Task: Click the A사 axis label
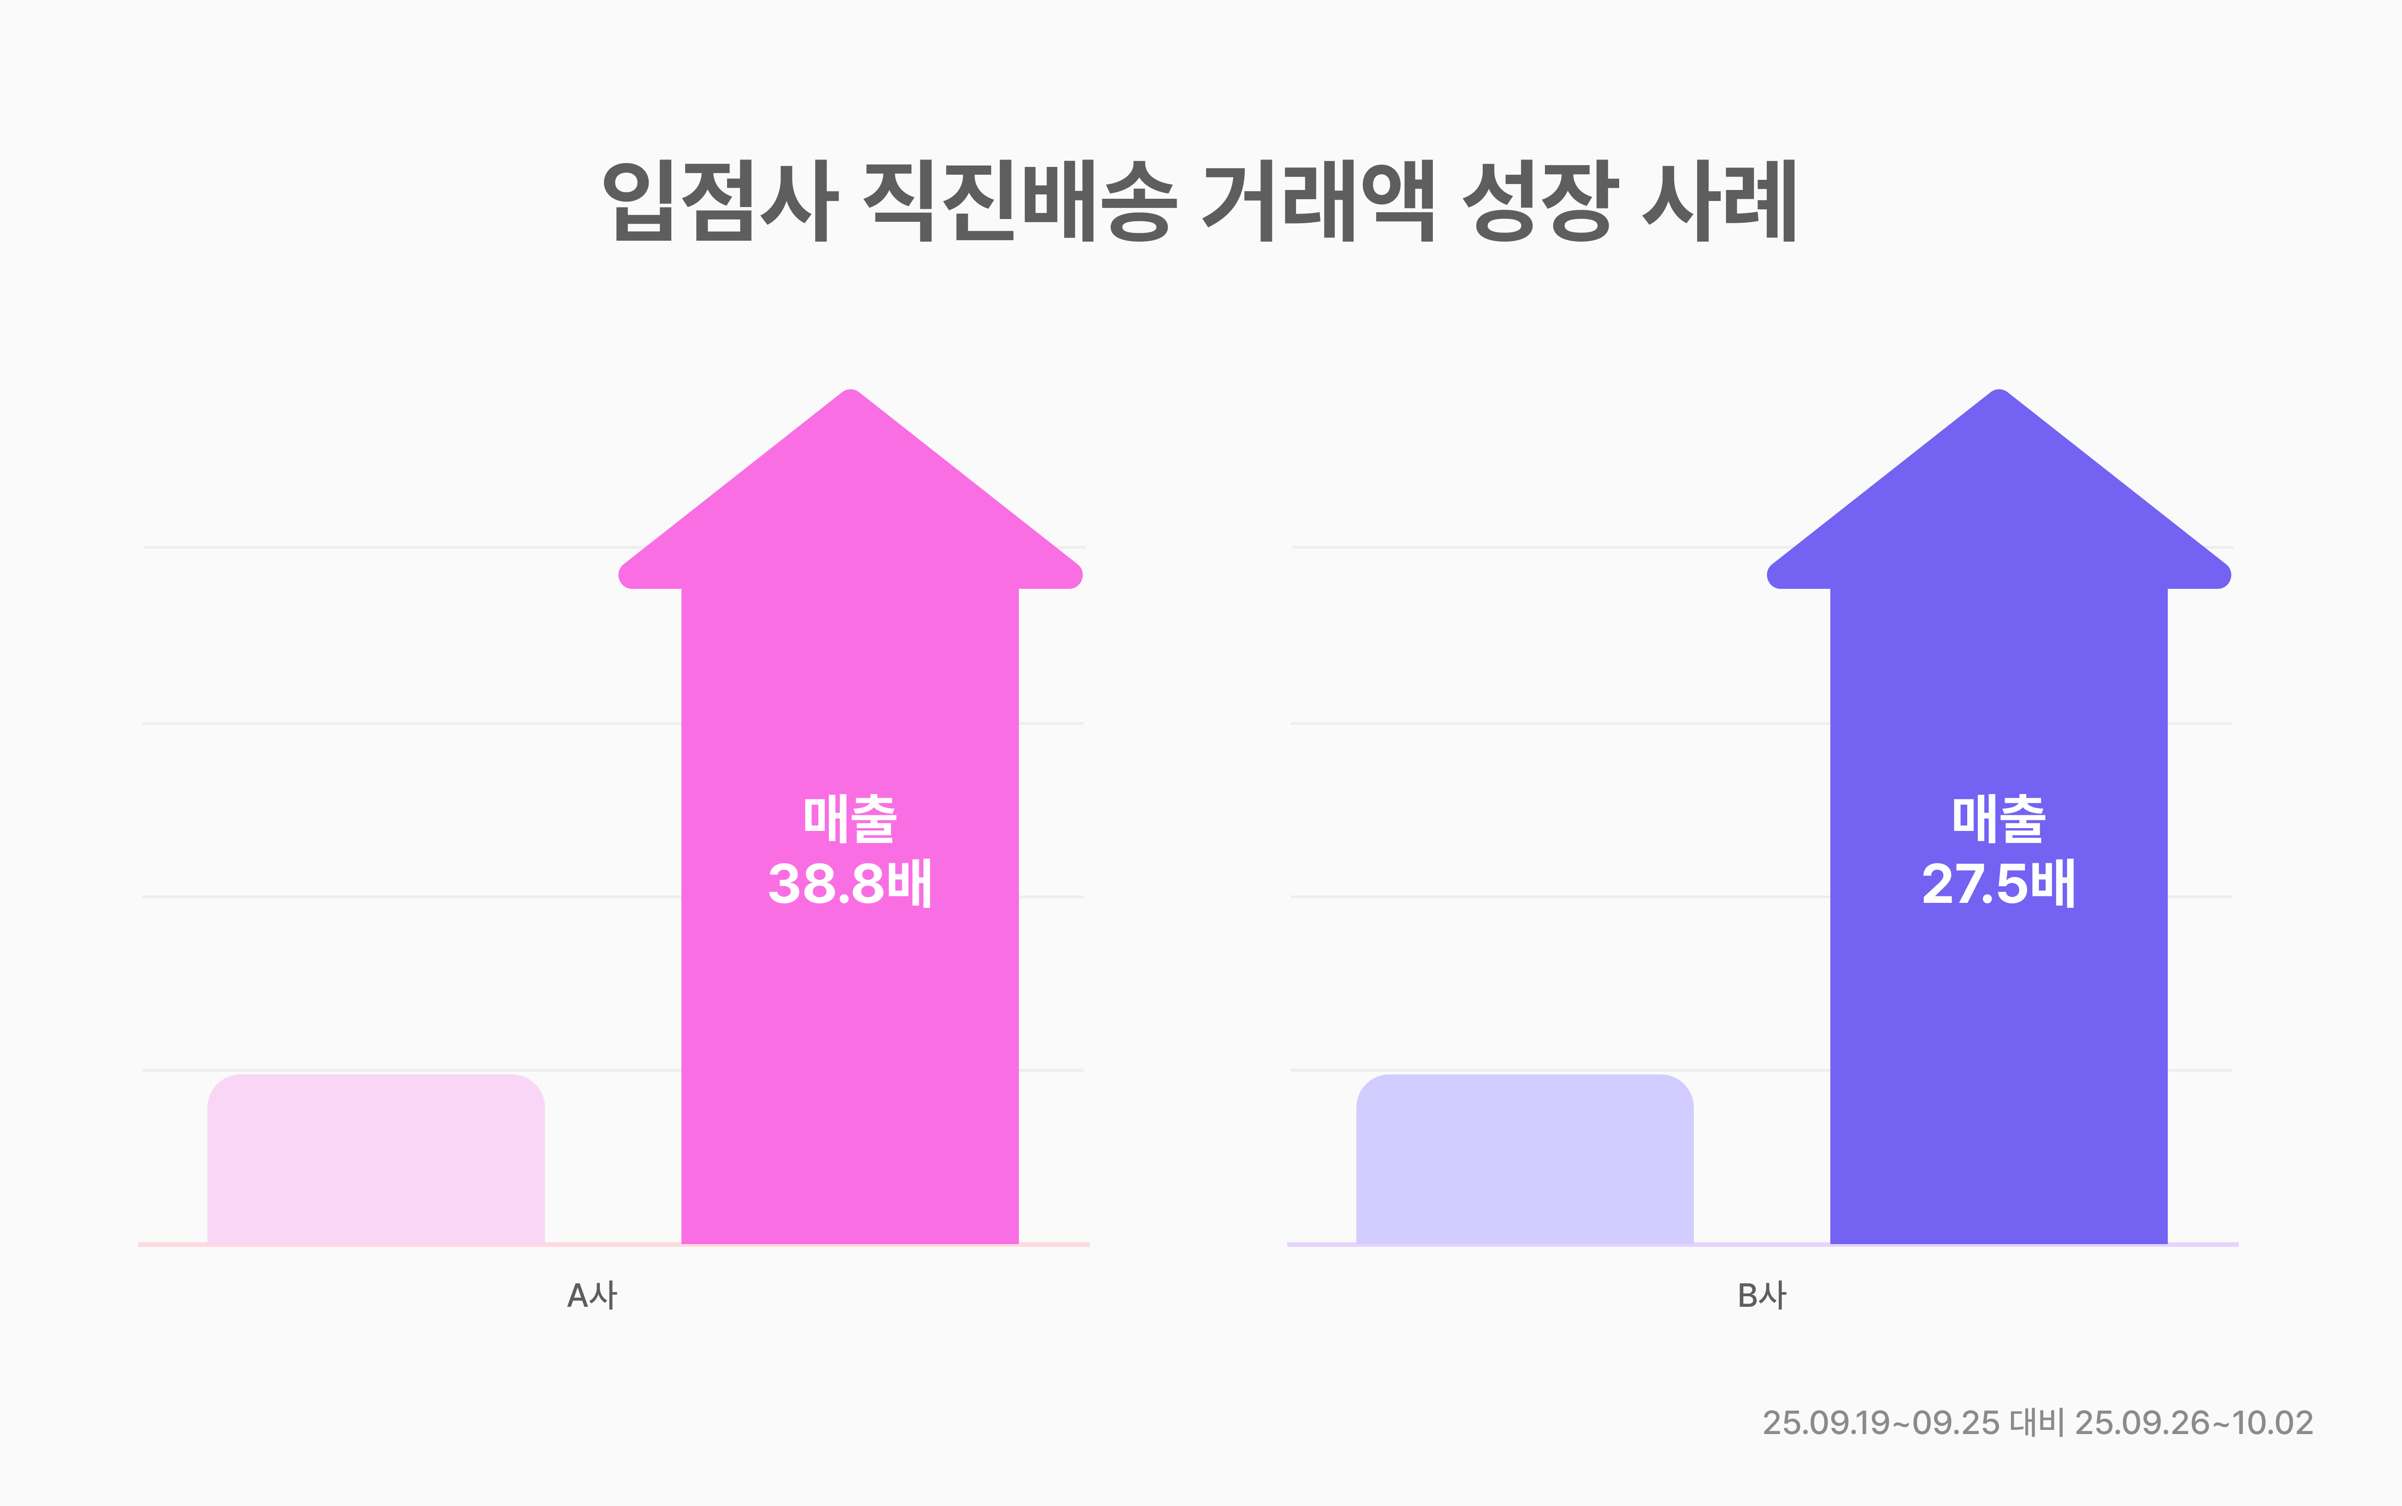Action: click(592, 1296)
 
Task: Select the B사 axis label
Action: click(1761, 1296)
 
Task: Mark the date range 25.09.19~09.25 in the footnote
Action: click(1880, 1423)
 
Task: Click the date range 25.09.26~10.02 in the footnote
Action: click(2193, 1423)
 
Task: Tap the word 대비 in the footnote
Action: click(2036, 1423)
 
